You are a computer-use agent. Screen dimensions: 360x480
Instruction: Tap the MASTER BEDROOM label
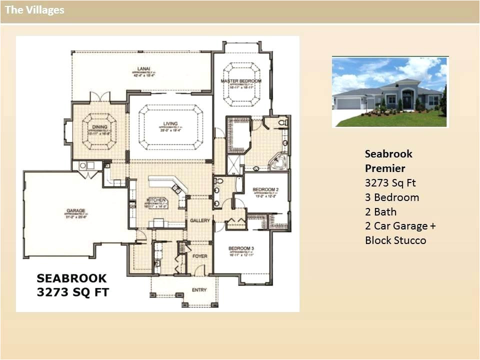pos(241,81)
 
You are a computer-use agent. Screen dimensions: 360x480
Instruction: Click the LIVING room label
pos(170,124)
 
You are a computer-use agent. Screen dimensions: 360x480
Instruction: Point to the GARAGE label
pos(76,210)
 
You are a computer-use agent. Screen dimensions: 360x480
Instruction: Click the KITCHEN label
pos(155,200)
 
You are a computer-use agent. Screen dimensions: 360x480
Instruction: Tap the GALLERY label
pos(199,220)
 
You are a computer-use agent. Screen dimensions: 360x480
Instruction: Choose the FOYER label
pos(200,256)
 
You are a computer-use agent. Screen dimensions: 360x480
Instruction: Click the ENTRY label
pos(199,290)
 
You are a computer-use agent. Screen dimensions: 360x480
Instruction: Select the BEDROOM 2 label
pos(265,189)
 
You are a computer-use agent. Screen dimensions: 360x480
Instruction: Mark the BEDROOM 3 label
pos(241,248)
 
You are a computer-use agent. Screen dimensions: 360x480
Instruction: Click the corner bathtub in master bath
pos(277,162)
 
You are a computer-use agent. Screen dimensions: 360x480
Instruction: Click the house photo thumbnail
pos(390,92)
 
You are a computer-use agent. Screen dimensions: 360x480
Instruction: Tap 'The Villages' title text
pos(34,10)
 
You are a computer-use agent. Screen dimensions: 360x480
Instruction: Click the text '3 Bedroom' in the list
pos(392,197)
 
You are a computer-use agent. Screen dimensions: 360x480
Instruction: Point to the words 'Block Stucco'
pos(395,240)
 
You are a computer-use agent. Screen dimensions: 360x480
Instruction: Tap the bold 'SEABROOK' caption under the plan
pos(71,278)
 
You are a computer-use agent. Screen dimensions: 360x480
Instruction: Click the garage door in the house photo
pos(348,103)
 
